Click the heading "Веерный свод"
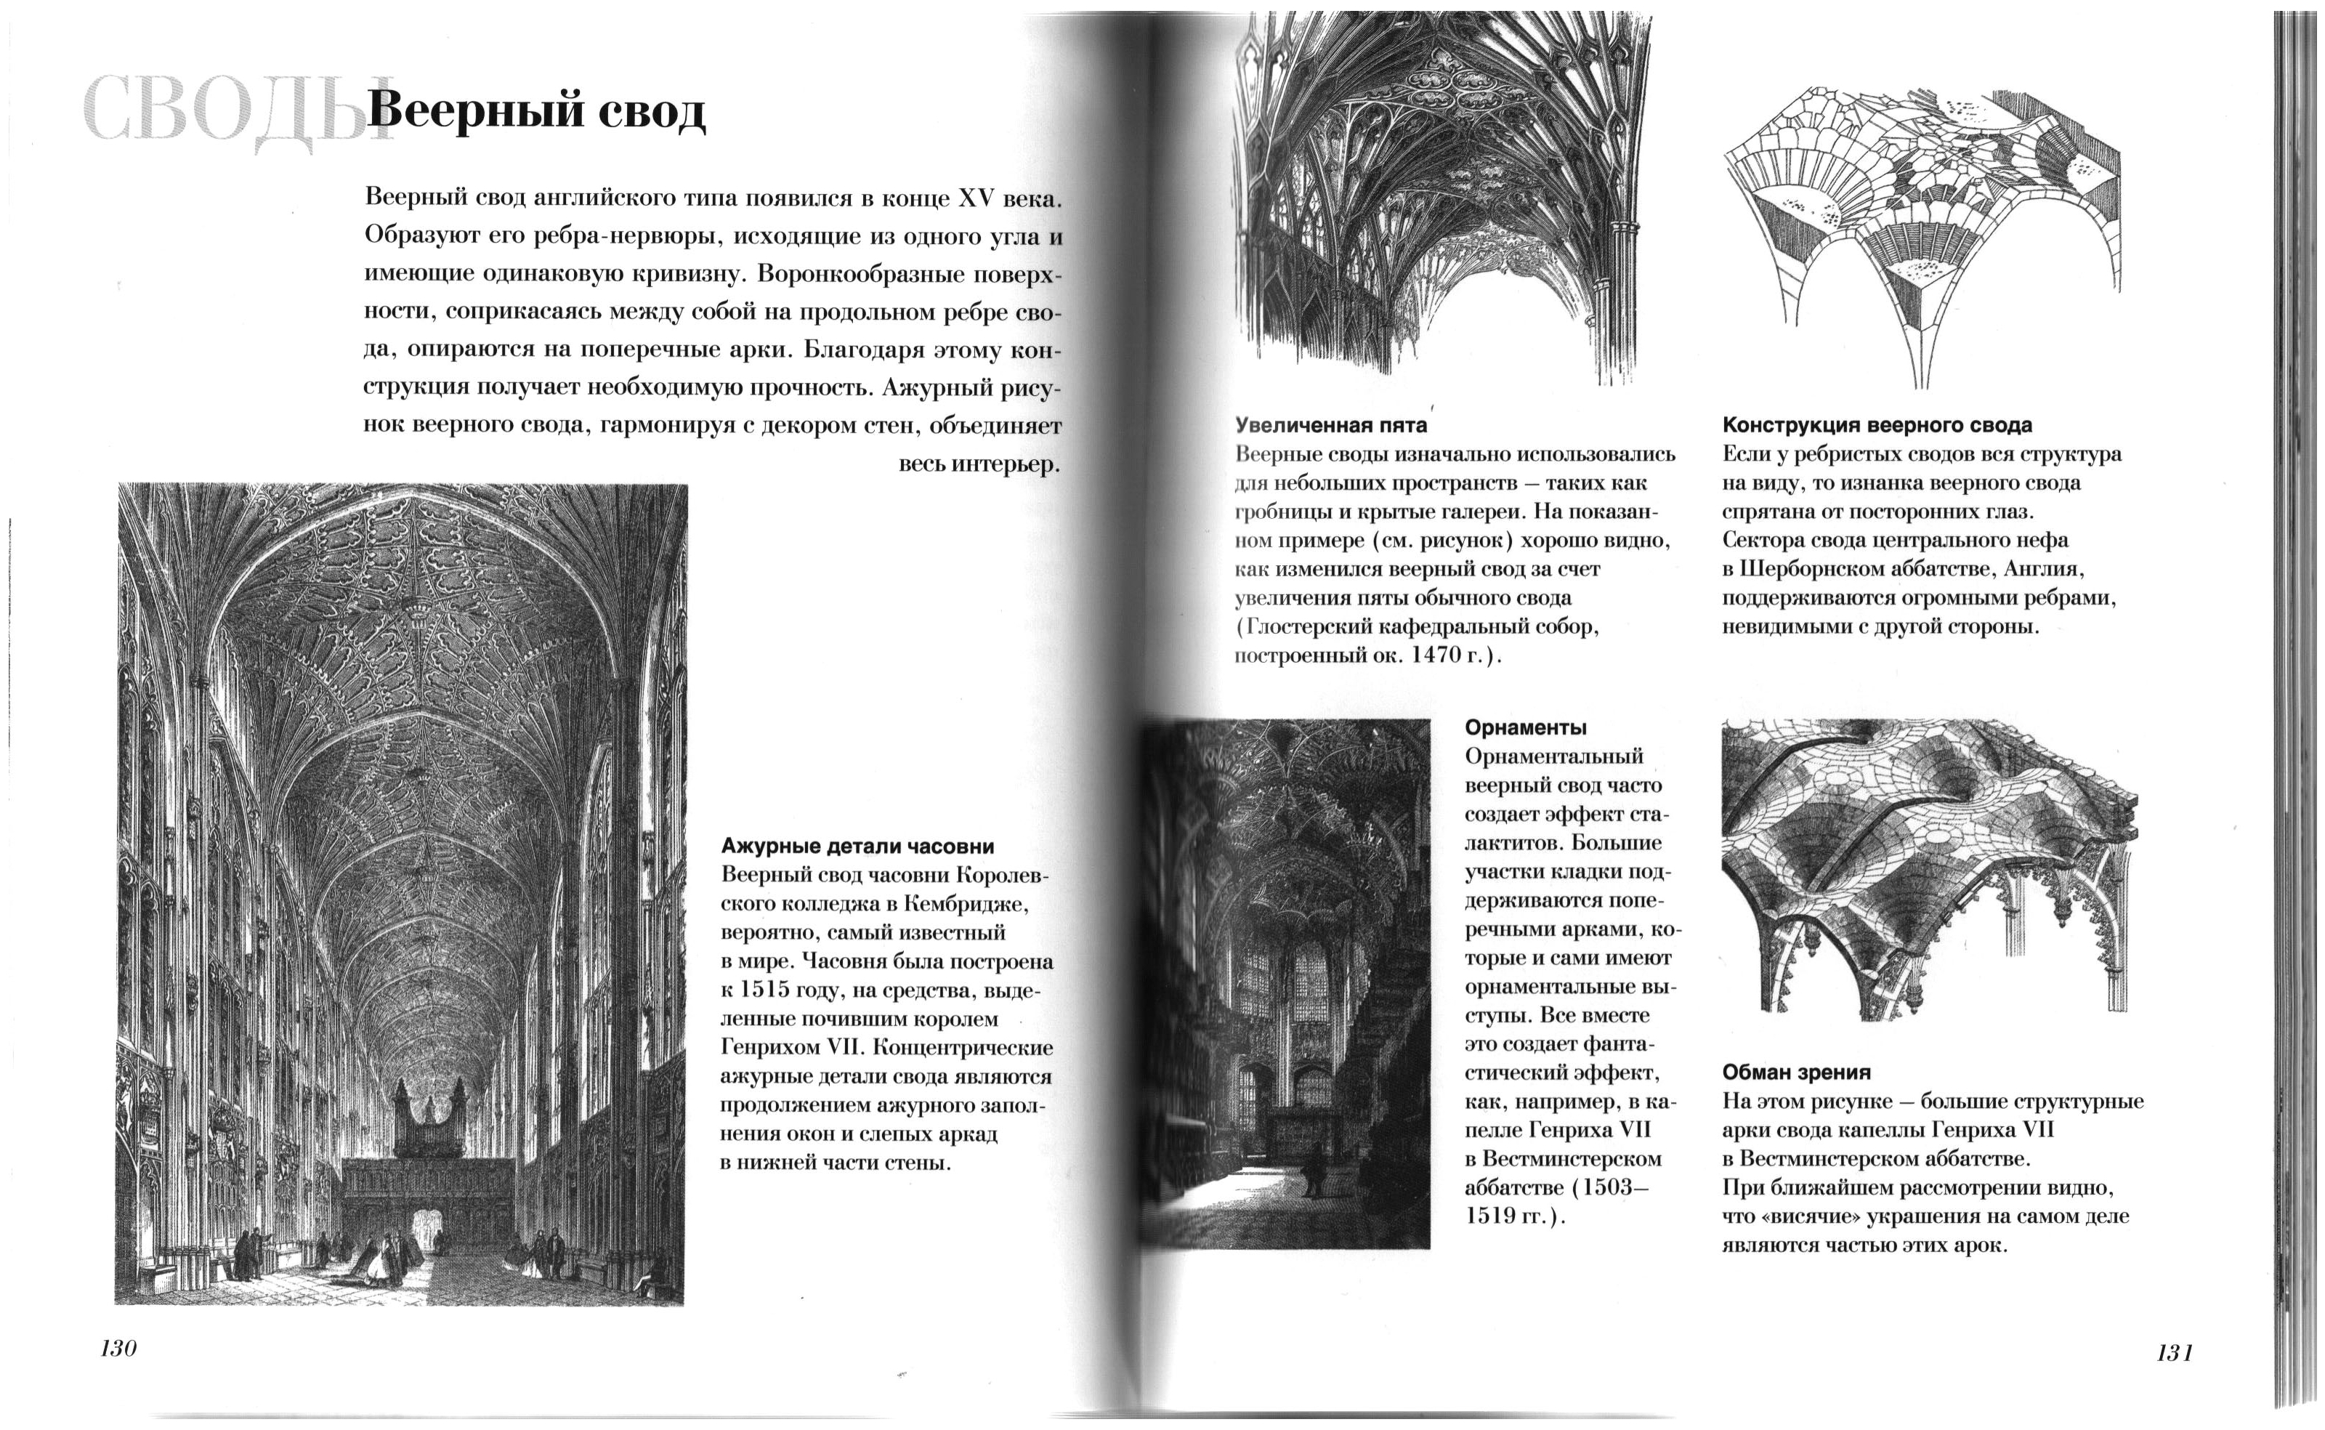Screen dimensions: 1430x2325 pos(536,112)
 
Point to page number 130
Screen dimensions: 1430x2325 pos(119,1349)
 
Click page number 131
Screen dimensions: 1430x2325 pos(2174,1352)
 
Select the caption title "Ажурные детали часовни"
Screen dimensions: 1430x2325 pos(857,846)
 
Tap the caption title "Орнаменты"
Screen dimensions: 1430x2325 pos(1525,727)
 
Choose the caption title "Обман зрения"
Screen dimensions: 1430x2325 pos(1797,1072)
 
